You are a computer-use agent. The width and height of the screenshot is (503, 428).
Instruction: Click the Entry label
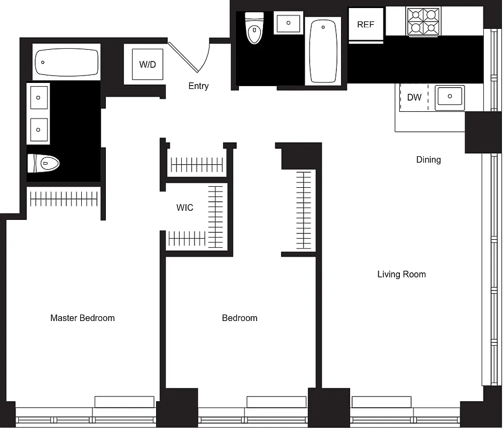(x=198, y=86)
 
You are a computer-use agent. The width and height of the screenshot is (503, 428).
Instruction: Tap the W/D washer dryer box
(x=148, y=64)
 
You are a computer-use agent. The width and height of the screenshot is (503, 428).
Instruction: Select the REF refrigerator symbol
(x=366, y=25)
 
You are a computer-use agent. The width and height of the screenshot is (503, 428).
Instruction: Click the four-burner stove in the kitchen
(x=423, y=21)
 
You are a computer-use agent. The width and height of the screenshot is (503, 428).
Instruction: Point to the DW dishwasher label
(x=414, y=97)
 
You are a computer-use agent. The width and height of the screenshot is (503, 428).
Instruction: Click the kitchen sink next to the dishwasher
(x=450, y=97)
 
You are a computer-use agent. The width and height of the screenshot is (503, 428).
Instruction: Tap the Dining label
(x=428, y=159)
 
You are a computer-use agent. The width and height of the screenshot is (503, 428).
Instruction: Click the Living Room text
(x=401, y=274)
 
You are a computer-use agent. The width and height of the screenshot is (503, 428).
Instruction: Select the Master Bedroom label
(x=82, y=318)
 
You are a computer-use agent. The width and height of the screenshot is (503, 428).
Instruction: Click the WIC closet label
(x=185, y=208)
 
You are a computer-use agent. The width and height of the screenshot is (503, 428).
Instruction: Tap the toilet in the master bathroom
(x=44, y=163)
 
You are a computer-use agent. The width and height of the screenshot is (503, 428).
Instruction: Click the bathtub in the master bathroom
(x=67, y=63)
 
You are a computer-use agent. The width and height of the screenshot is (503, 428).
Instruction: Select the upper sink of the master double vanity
(x=39, y=97)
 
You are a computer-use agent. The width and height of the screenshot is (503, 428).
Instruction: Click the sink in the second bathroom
(x=289, y=24)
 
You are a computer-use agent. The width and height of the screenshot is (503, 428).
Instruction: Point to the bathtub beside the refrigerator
(x=323, y=51)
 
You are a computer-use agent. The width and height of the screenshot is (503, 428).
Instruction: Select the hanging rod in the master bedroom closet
(x=64, y=199)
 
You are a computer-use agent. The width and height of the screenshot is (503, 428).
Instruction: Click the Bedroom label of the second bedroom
(x=239, y=318)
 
